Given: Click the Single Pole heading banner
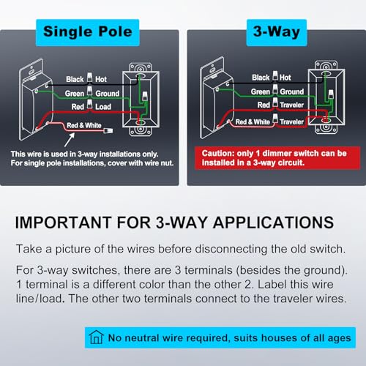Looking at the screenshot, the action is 88,32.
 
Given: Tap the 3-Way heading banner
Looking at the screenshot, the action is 277,32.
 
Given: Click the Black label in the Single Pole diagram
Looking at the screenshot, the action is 75,79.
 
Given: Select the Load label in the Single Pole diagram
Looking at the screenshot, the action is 103,107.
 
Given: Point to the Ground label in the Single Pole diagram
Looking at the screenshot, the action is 108,94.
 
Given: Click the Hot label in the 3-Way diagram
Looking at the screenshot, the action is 285,78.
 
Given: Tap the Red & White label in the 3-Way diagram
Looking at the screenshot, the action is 253,122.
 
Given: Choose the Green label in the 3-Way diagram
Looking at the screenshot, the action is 261,91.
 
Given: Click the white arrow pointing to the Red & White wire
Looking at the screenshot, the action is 70,140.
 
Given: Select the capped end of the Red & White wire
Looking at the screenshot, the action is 108,130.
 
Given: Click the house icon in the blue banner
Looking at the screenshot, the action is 96,337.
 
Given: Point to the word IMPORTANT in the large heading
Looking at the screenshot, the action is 64,223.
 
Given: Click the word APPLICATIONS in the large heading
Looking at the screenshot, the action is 273,223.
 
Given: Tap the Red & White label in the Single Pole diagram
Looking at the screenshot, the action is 84,125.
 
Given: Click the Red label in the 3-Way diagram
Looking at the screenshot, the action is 264,105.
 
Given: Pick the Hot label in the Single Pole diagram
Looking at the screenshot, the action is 101,79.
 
